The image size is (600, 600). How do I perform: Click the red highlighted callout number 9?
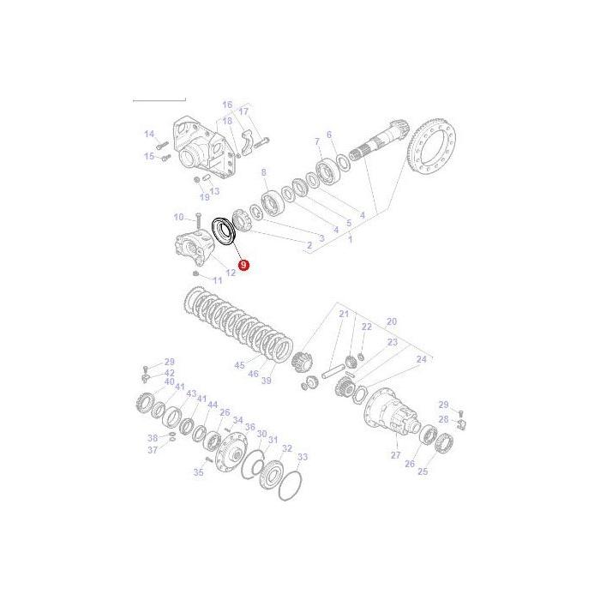click(x=243, y=266)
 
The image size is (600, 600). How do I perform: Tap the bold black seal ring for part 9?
click(x=225, y=232)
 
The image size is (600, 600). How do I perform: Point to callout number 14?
click(x=148, y=134)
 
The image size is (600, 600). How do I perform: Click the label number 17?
click(x=243, y=111)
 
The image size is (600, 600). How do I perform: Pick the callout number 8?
click(x=263, y=172)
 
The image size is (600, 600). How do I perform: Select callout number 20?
click(x=392, y=321)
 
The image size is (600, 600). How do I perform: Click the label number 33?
click(x=302, y=457)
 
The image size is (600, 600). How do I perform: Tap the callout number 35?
click(x=198, y=471)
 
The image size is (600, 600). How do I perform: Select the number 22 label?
click(x=366, y=327)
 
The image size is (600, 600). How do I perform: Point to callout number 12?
click(x=231, y=273)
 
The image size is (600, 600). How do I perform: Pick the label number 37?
click(x=153, y=450)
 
